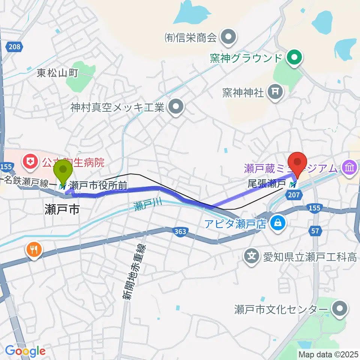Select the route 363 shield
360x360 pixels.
tap(180, 232)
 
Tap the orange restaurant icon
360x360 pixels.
tap(34, 250)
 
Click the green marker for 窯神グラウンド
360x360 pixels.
tap(294, 58)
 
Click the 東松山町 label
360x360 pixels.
tap(57, 73)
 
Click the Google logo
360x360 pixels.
tap(25, 351)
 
